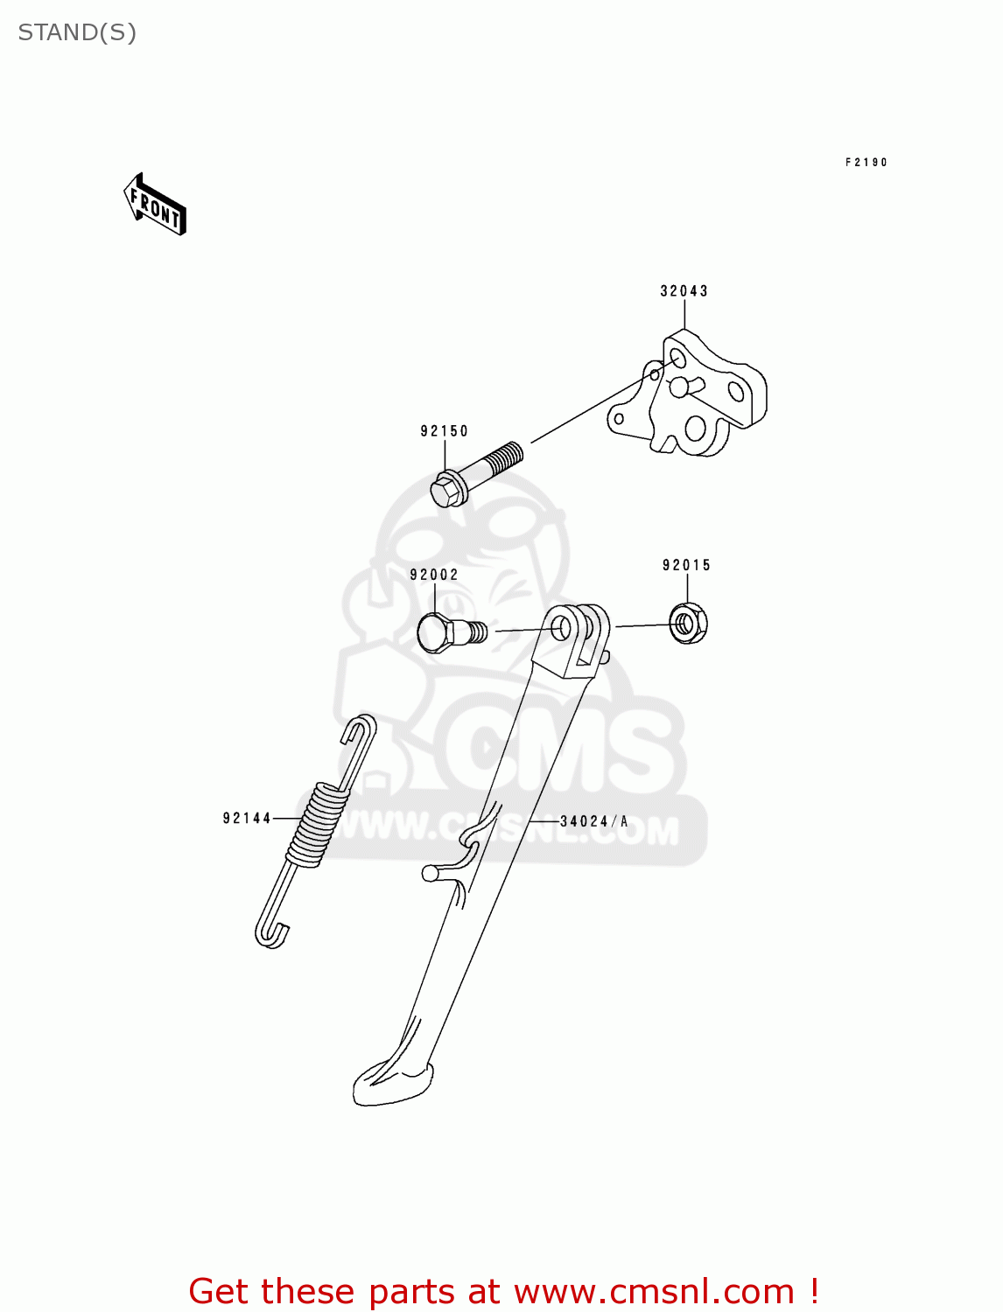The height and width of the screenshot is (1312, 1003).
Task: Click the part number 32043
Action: coord(684,291)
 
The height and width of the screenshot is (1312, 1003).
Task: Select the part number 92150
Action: coord(445,431)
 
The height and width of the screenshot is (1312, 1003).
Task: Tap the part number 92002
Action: coord(434,575)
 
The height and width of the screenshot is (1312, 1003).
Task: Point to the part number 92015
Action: coord(686,566)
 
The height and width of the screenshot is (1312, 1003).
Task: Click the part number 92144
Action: coord(247,819)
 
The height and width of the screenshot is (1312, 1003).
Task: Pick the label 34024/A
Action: coord(594,821)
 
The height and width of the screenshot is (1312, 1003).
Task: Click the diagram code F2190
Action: coord(866,163)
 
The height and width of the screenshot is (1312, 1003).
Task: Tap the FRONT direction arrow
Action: coord(156,205)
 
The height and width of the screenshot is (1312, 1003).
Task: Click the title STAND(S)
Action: coord(77,33)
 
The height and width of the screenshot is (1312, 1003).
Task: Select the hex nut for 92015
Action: coord(688,624)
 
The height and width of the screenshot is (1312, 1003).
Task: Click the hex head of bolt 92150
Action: coord(447,491)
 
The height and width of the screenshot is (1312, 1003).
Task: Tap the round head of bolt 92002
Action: coord(432,633)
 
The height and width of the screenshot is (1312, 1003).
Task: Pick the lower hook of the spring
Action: coord(271,934)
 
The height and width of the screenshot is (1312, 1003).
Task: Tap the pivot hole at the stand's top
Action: coord(561,626)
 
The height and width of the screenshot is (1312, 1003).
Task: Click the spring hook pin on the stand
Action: coord(430,873)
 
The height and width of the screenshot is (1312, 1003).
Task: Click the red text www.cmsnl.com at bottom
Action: coord(653,1291)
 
